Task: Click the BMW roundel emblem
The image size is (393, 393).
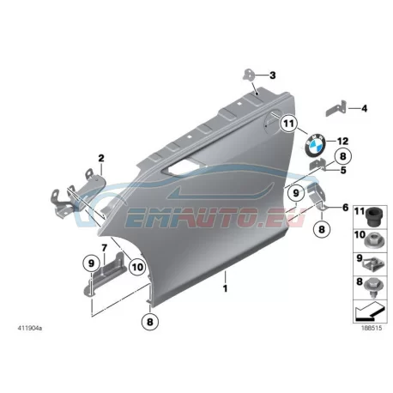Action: pyautogui.click(x=315, y=145)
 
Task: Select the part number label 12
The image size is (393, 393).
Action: pyautogui.click(x=342, y=141)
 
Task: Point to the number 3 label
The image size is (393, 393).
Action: pyautogui.click(x=273, y=76)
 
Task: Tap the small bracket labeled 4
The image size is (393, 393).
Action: pyautogui.click(x=336, y=109)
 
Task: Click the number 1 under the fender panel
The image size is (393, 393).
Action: pyautogui.click(x=226, y=288)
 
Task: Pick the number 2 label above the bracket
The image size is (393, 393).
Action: pyautogui.click(x=101, y=158)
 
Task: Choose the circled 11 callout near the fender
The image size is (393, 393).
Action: pyautogui.click(x=288, y=124)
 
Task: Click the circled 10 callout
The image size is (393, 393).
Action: pyautogui.click(x=137, y=267)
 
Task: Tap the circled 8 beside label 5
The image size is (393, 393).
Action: pyautogui.click(x=342, y=156)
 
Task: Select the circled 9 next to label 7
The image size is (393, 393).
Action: pyautogui.click(x=91, y=263)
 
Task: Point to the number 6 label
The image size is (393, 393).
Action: pyautogui.click(x=346, y=208)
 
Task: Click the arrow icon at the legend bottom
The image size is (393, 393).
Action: pyautogui.click(x=369, y=313)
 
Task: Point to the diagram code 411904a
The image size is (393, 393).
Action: pyautogui.click(x=30, y=329)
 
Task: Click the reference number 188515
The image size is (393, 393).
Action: pyautogui.click(x=372, y=328)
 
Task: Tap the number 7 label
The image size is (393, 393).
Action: pyautogui.click(x=104, y=247)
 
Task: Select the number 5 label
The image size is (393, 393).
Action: pyautogui.click(x=343, y=171)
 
